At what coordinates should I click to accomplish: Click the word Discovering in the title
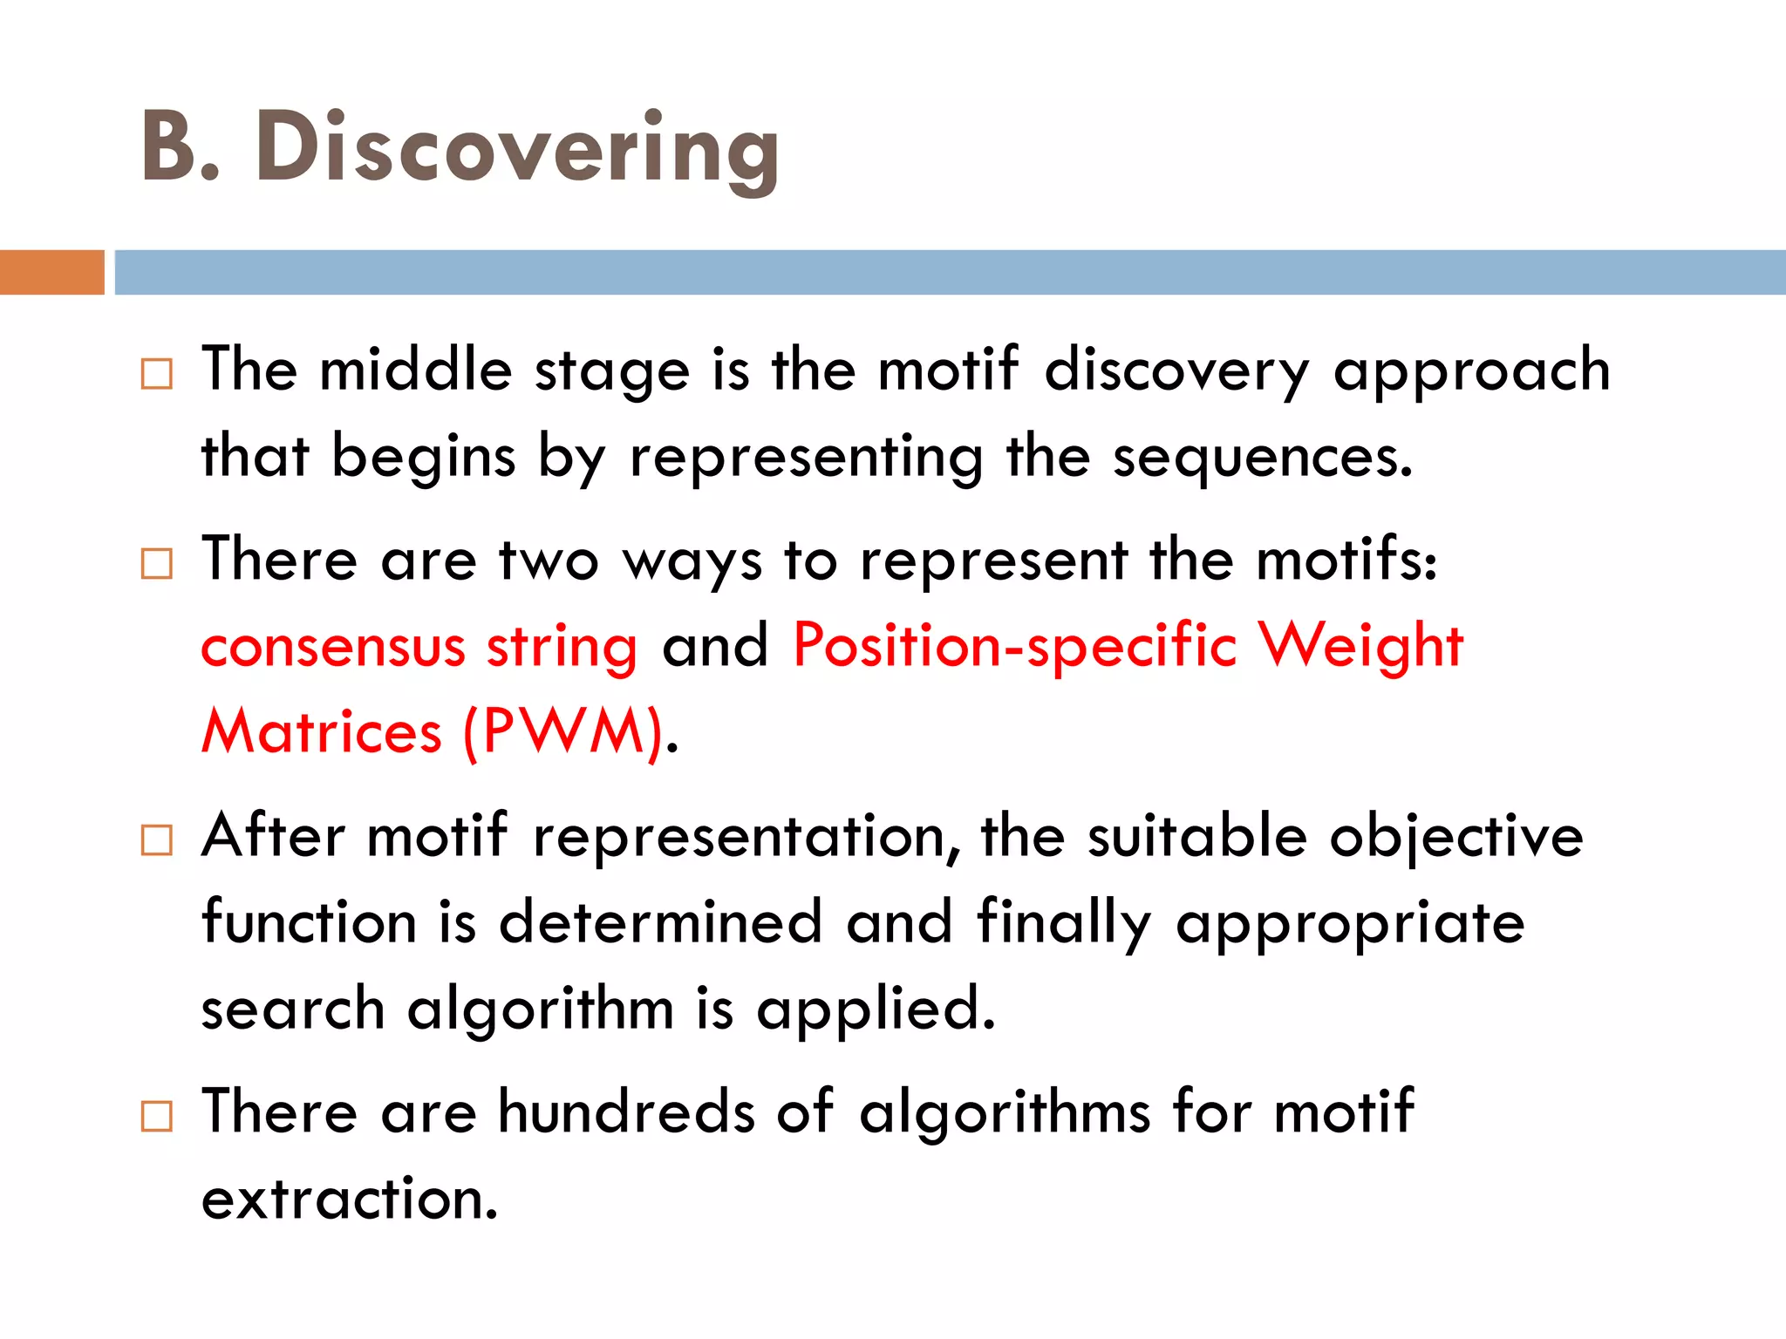516,148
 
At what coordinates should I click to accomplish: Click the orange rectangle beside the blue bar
51,272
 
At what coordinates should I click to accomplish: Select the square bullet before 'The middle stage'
157,374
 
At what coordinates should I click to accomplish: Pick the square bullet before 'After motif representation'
157,840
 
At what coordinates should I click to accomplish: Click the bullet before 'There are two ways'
157,564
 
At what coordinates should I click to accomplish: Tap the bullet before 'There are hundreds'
157,1116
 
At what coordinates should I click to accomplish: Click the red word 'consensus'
333,647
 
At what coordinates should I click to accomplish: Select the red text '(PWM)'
563,732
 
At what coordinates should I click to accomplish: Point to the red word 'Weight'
1361,647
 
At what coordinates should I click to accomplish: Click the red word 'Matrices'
322,732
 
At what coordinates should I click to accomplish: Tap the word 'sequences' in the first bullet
1261,458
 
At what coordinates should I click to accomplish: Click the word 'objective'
1455,837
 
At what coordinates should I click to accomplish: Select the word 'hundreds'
626,1112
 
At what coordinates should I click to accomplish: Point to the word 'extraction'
349,1200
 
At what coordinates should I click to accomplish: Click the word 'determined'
660,922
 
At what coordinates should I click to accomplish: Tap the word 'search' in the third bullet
293,1009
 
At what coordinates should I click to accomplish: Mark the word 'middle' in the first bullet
415,370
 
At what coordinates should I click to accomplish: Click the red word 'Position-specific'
1014,647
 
